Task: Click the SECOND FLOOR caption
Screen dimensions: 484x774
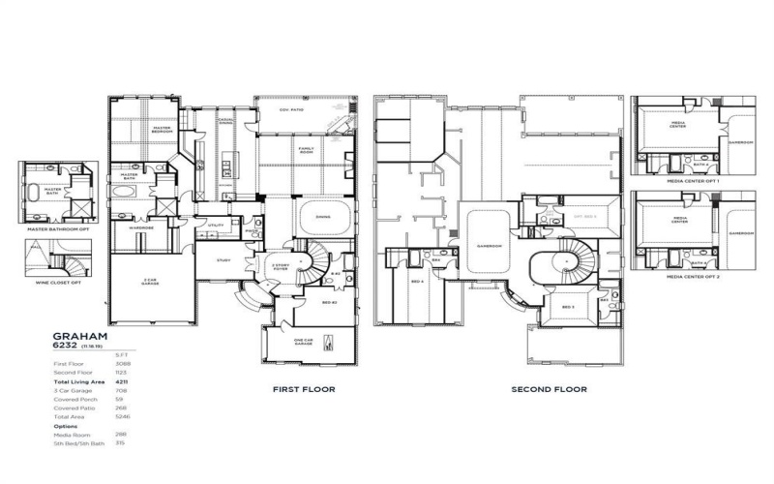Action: [549, 389]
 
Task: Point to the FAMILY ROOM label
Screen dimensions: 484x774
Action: [308, 149]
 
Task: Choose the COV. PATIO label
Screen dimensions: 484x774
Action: [292, 109]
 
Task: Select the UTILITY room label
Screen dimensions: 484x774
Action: [216, 226]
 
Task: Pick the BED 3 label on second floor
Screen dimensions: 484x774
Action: [568, 308]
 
